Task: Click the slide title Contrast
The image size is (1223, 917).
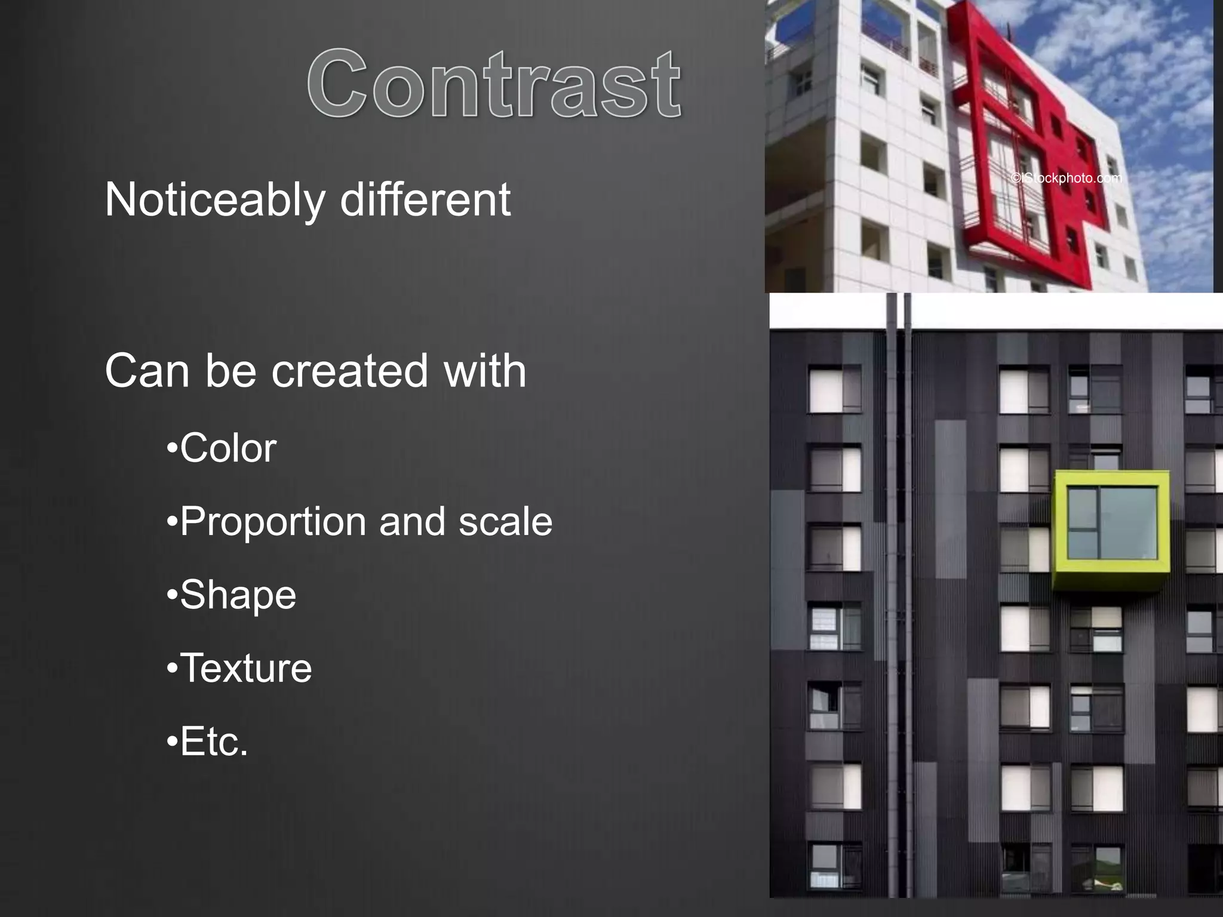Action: tap(494, 84)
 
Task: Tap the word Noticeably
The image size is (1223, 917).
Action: tap(214, 200)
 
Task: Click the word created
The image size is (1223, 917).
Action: tap(349, 371)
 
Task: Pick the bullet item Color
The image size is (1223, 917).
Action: tap(228, 448)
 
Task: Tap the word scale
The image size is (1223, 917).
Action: tap(505, 521)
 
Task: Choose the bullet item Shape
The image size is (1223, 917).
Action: tap(237, 595)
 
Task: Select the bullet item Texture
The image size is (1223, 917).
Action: tap(245, 668)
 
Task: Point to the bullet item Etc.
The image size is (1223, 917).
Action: tap(213, 742)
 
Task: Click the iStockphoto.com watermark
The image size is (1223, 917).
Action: tap(1067, 178)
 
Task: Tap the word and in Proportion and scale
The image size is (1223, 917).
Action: tap(412, 521)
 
